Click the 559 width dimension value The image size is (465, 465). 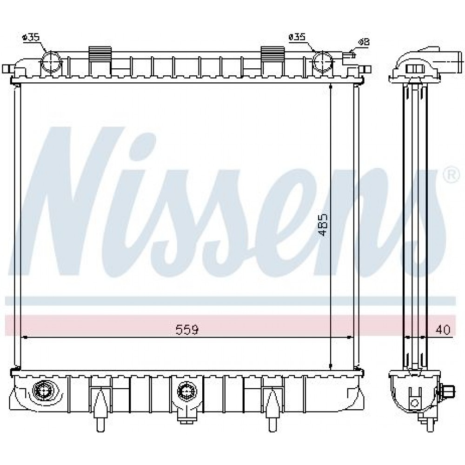[187, 329]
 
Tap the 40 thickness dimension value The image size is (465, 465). [443, 330]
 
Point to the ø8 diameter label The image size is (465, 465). [365, 42]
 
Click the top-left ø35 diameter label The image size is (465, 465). [31, 37]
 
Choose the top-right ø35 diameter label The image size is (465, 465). [297, 37]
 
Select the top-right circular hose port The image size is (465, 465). [323, 62]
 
